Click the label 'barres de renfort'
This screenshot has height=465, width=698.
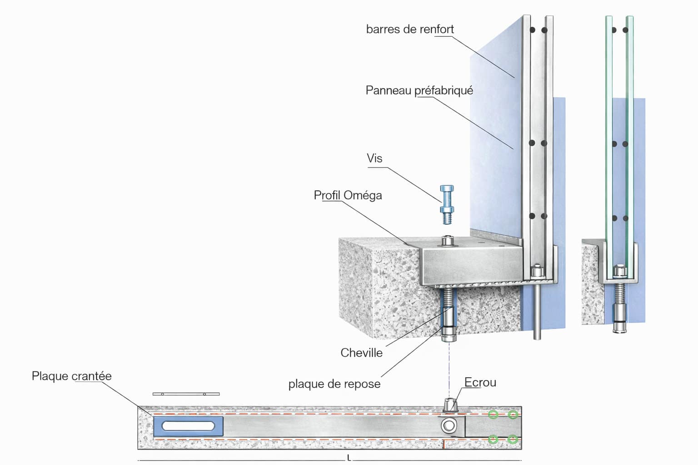coord(409,30)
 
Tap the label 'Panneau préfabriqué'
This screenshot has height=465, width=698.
coord(419,90)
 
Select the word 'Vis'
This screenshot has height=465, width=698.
coord(374,158)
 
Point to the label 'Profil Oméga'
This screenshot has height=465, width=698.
coord(348,195)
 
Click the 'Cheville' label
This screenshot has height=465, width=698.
coord(361,353)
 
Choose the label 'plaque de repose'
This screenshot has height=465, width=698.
coord(334,384)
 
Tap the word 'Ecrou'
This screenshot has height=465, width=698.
coord(480,383)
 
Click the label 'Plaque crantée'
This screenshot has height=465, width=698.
coord(71,376)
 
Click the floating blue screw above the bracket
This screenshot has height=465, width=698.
coord(447,204)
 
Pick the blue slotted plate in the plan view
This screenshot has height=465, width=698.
coord(188,426)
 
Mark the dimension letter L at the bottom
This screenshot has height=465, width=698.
coord(349,458)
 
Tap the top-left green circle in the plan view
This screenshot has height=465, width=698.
coord(493,414)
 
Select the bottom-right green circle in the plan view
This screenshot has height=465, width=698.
coord(513,439)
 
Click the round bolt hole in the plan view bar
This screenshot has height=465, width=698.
coord(449,426)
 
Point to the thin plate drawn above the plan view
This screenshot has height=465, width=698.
coord(186,394)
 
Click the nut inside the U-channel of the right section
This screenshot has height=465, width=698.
coord(619,272)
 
